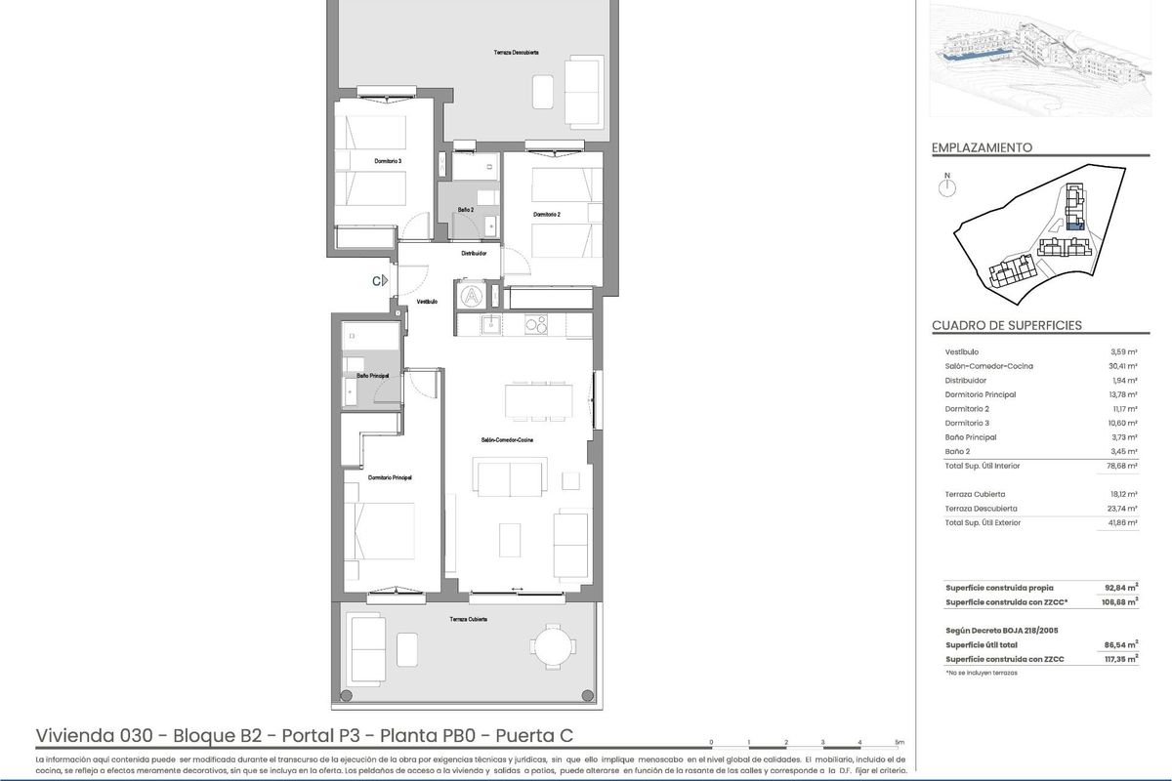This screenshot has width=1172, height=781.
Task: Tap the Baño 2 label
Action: point(466,210)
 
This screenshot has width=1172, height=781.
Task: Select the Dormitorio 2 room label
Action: point(547,214)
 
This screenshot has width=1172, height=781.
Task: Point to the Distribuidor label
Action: point(475,254)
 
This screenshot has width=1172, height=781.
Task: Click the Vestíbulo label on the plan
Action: point(427,302)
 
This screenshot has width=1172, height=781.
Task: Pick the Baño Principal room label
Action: point(373,375)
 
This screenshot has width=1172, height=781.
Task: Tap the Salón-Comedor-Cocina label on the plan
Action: point(507,440)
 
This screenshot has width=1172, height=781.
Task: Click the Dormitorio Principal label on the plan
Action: point(390,477)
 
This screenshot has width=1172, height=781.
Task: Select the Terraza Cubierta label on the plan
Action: point(469,620)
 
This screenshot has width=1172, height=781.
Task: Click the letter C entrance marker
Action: point(376,281)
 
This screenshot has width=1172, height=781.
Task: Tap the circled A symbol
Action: point(471,295)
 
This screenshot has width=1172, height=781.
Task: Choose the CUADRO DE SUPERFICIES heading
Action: point(1007,325)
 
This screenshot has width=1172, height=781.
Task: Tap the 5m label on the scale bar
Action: point(900,742)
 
